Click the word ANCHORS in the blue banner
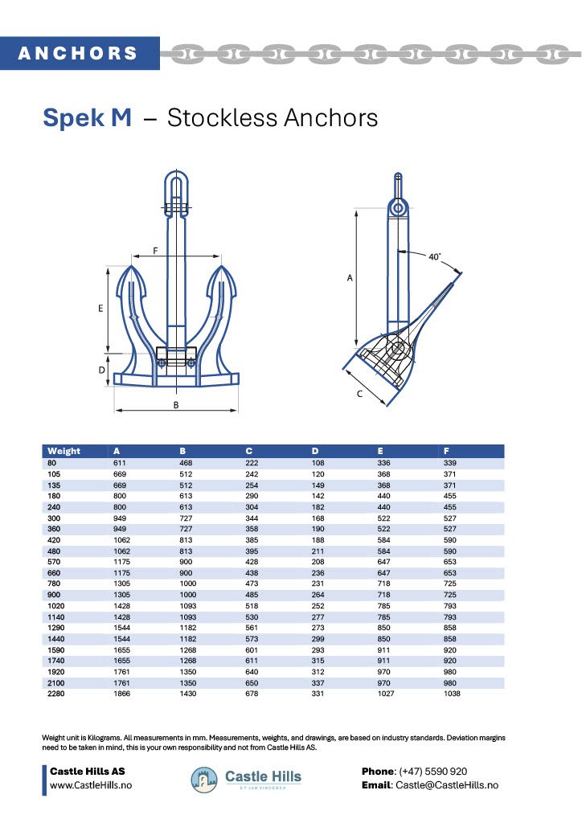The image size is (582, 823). (x=78, y=54)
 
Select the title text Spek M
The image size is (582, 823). (x=87, y=118)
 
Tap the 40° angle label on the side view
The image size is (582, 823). (x=434, y=257)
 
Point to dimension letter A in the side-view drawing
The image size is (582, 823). (x=350, y=277)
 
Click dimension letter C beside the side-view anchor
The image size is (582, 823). (x=360, y=394)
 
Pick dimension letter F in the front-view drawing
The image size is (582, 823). (x=155, y=251)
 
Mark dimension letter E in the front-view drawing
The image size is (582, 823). (x=100, y=309)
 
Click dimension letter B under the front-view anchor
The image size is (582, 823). (x=176, y=404)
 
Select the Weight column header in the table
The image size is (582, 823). (x=64, y=451)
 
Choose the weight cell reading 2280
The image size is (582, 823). (x=56, y=694)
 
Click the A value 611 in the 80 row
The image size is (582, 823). (x=121, y=464)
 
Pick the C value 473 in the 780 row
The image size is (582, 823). (x=254, y=583)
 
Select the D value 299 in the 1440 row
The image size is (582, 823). (x=319, y=639)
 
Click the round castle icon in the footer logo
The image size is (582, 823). (x=204, y=779)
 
